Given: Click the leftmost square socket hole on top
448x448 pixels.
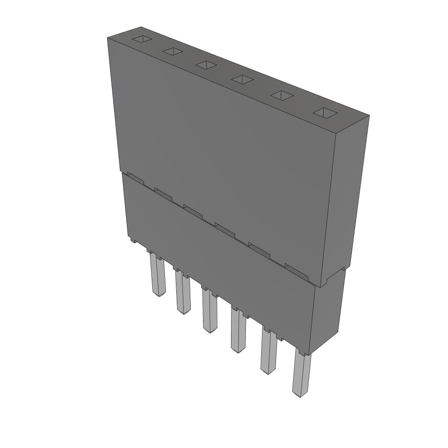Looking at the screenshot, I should click(x=142, y=39).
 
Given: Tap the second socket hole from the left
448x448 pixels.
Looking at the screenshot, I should click(x=172, y=52).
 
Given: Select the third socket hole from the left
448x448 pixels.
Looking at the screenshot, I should click(x=206, y=65).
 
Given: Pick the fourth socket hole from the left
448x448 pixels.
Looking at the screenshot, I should click(x=242, y=79).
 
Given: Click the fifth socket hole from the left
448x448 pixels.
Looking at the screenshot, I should click(x=281, y=95).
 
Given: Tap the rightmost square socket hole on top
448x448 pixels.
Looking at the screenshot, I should click(x=325, y=112).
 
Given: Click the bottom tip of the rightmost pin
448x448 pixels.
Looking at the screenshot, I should click(x=299, y=395).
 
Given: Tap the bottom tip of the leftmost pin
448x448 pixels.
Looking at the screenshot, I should click(x=160, y=295).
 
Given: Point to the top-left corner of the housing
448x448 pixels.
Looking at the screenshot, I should click(x=108, y=39).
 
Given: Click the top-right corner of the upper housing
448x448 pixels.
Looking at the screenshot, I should click(x=368, y=116).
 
